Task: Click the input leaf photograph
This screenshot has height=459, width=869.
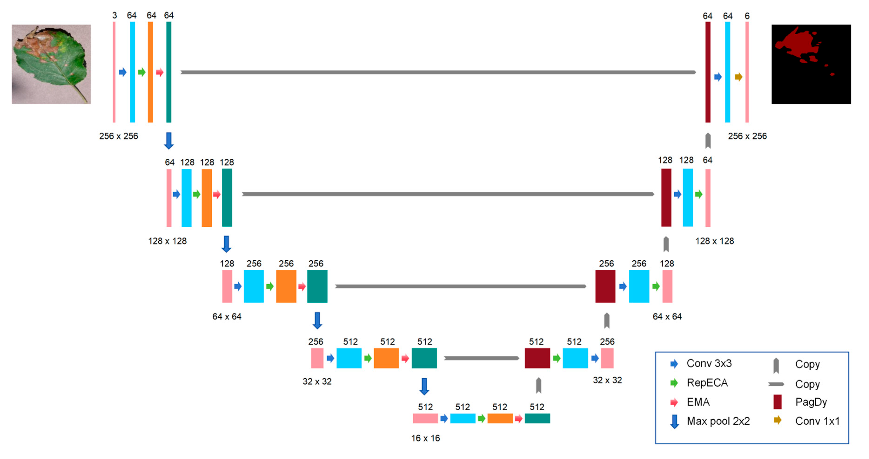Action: coord(51,64)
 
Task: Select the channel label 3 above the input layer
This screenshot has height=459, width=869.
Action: coord(115,16)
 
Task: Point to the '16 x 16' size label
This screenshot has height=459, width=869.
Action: coord(425,438)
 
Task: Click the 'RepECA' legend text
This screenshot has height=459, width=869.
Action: coord(707,383)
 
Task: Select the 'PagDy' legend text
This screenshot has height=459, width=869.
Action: coord(811,402)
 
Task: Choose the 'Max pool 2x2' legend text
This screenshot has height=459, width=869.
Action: coord(718,421)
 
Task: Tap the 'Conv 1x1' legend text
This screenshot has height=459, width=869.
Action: coord(817,421)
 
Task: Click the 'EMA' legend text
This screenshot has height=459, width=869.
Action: coord(698,402)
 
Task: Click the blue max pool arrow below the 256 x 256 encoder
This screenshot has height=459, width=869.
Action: coord(169,141)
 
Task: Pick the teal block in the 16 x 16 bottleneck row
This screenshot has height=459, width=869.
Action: coord(537,419)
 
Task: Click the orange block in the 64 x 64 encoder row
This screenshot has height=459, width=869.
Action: coord(286,286)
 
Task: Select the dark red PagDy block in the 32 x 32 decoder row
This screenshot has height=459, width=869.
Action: coord(537,358)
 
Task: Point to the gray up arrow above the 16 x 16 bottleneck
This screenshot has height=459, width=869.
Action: coord(538,385)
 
